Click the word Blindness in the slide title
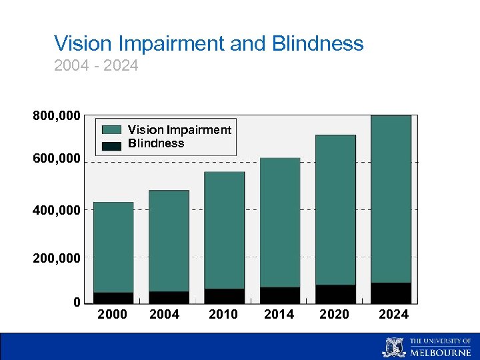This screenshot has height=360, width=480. pyautogui.click(x=318, y=44)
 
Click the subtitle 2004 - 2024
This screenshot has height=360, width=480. pyautogui.click(x=96, y=66)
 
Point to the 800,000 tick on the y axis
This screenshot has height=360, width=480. pyautogui.click(x=57, y=117)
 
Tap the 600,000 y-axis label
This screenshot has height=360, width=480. pyautogui.click(x=57, y=159)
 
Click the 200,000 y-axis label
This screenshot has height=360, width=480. pyautogui.click(x=57, y=257)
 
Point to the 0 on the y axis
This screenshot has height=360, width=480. pyautogui.click(x=77, y=303)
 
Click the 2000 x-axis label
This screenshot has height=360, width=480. pyautogui.click(x=113, y=315)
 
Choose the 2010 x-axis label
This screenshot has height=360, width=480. pyautogui.click(x=223, y=315)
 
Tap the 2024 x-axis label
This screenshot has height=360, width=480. pyautogui.click(x=393, y=315)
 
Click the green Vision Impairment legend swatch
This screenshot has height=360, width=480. pyautogui.click(x=112, y=130)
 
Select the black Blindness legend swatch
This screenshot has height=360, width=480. pyautogui.click(x=112, y=145)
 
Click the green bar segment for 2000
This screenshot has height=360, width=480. pyautogui.click(x=113, y=247)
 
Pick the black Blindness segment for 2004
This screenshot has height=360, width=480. pyautogui.click(x=169, y=297)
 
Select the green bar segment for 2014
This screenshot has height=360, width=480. pyautogui.click(x=280, y=223)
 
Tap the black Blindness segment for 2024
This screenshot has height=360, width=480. pyautogui.click(x=391, y=293)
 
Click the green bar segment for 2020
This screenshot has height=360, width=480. pyautogui.click(x=335, y=210)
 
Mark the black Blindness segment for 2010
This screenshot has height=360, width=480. pyautogui.click(x=224, y=296)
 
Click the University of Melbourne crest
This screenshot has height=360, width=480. pyautogui.click(x=393, y=347)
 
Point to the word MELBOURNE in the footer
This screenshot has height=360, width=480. pyautogui.click(x=440, y=352)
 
